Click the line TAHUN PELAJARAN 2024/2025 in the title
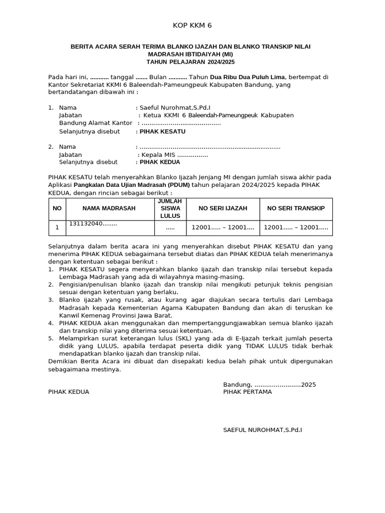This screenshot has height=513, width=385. (x=190, y=62)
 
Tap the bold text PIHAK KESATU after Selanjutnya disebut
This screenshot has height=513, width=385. (x=162, y=131)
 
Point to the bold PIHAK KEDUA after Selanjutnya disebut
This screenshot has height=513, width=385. (x=159, y=162)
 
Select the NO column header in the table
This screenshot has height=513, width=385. (x=57, y=208)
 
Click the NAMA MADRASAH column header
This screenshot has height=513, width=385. (x=109, y=208)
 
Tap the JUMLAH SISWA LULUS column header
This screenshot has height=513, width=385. (x=169, y=208)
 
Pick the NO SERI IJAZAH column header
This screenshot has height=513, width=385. (x=223, y=208)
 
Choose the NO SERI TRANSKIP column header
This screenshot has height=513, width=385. (x=296, y=208)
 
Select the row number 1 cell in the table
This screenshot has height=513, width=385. (x=57, y=227)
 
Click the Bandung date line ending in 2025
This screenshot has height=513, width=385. (x=270, y=385)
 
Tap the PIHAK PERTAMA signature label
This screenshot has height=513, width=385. (x=247, y=392)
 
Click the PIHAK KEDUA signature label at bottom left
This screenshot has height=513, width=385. (x=69, y=392)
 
